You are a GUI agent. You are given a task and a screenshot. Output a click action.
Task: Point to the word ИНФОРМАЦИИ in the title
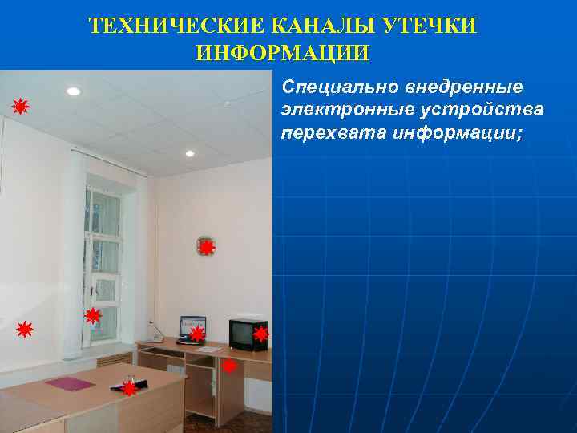coord(282,54)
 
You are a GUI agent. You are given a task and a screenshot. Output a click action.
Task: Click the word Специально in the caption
coord(329,86)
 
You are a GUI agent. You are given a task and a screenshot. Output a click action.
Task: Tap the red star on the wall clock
coord(207,248)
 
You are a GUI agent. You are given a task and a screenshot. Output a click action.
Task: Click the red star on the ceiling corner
coord(20,107)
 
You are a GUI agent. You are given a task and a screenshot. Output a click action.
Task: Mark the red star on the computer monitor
coord(196,333)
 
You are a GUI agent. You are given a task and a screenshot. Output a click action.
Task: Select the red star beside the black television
coord(260,334)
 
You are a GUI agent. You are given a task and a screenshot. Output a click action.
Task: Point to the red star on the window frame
coord(93,316)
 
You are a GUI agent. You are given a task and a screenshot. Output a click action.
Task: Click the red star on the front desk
coord(129,389)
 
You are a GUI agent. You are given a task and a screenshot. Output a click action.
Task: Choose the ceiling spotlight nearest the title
coord(74,91)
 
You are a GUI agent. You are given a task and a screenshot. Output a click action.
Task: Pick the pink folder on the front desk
coord(70,383)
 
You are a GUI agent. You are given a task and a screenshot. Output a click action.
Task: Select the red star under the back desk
coord(229,366)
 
